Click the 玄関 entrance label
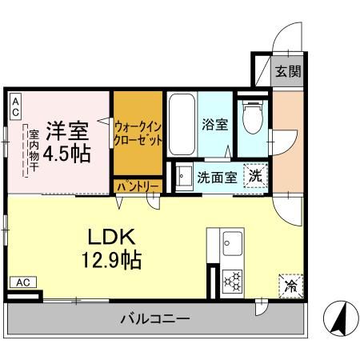click(x=289, y=71)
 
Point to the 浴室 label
click(x=214, y=125)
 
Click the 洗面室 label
click(x=216, y=177)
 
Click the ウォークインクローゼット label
click(x=138, y=133)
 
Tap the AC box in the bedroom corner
click(x=15, y=106)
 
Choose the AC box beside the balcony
click(x=23, y=282)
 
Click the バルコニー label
click(x=155, y=319)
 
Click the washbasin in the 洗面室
click(x=183, y=176)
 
